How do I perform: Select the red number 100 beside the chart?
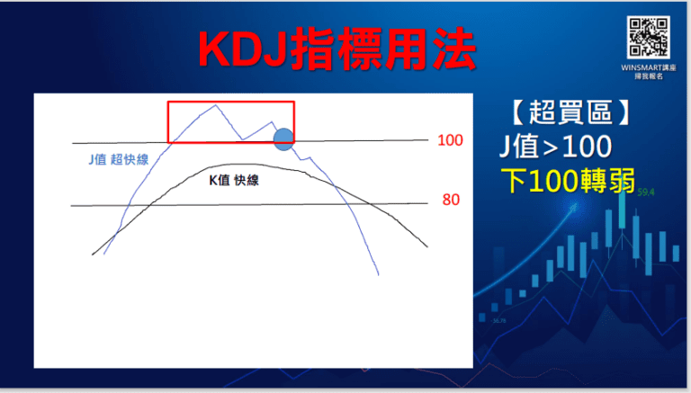click(450, 140)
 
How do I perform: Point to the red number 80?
click(451, 200)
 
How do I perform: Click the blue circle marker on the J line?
click(283, 138)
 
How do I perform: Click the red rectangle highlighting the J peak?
click(231, 121)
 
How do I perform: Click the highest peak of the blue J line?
click(214, 106)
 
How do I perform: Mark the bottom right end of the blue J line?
click(379, 272)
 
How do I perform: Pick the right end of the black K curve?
click(427, 248)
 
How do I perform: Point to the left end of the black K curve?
click(93, 255)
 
